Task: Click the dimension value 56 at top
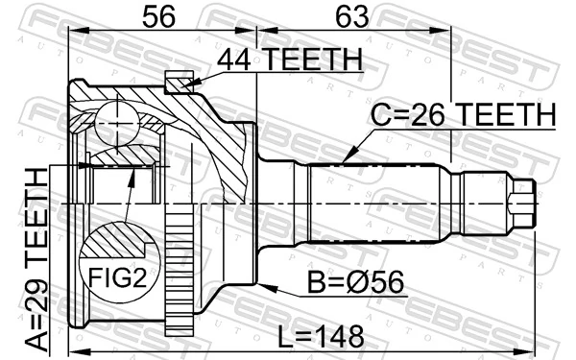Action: [x=161, y=16]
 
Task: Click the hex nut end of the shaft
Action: [x=520, y=203]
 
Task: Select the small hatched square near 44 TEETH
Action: [x=179, y=84]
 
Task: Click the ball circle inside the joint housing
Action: [x=119, y=121]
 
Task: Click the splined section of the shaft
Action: [x=374, y=203]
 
